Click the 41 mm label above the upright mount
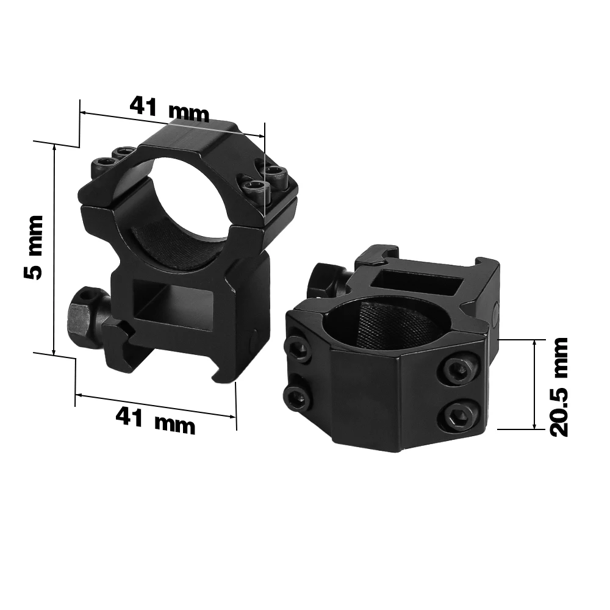pos(169,110)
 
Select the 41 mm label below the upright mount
pos(155,420)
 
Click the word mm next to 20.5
pos(558,353)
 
